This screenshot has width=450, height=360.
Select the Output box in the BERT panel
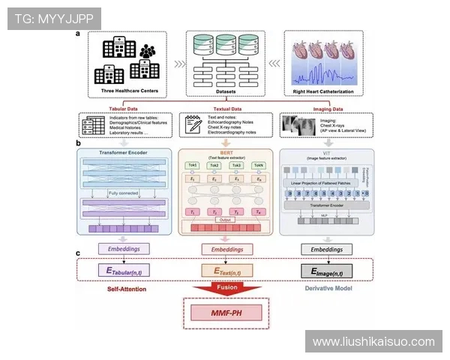(226, 220)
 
